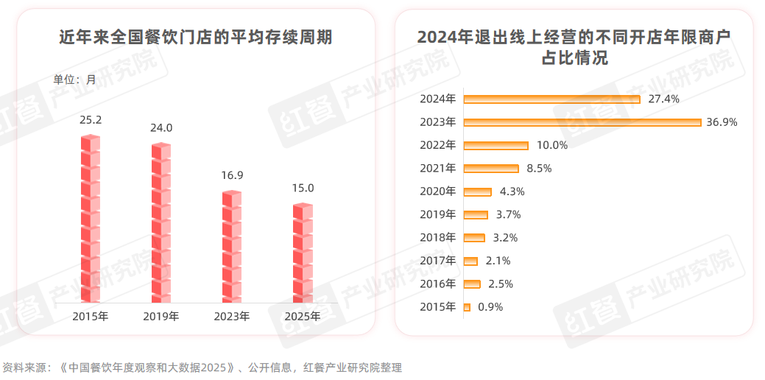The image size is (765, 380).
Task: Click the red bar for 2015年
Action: pyautogui.click(x=90, y=219)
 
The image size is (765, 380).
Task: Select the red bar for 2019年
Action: pyautogui.click(x=161, y=223)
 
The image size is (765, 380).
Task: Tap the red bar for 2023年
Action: pyautogui.click(x=232, y=247)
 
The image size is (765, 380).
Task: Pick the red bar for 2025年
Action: pyautogui.click(x=303, y=253)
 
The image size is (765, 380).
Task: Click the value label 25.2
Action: pyautogui.click(x=90, y=119)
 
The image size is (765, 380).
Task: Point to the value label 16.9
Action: pyautogui.click(x=232, y=175)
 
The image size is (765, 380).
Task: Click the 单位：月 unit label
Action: pyautogui.click(x=74, y=80)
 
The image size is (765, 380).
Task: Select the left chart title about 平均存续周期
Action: pyautogui.click(x=195, y=37)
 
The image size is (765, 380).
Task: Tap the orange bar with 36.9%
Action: pyautogui.click(x=582, y=122)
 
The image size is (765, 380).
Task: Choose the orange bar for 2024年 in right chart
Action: pyautogui.click(x=551, y=99)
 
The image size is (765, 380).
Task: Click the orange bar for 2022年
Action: pyautogui.click(x=496, y=145)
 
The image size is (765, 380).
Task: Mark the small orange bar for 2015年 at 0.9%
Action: pyautogui.click(x=467, y=307)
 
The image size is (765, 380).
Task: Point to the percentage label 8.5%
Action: pyautogui.click(x=539, y=169)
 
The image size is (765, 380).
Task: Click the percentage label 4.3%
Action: pyautogui.click(x=512, y=191)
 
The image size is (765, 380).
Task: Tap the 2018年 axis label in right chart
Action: pyautogui.click(x=437, y=238)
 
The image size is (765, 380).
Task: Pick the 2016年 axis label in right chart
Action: pyautogui.click(x=437, y=284)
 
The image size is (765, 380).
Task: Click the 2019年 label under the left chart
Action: pyautogui.click(x=161, y=317)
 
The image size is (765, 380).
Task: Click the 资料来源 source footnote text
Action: pyautogui.click(x=202, y=367)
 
